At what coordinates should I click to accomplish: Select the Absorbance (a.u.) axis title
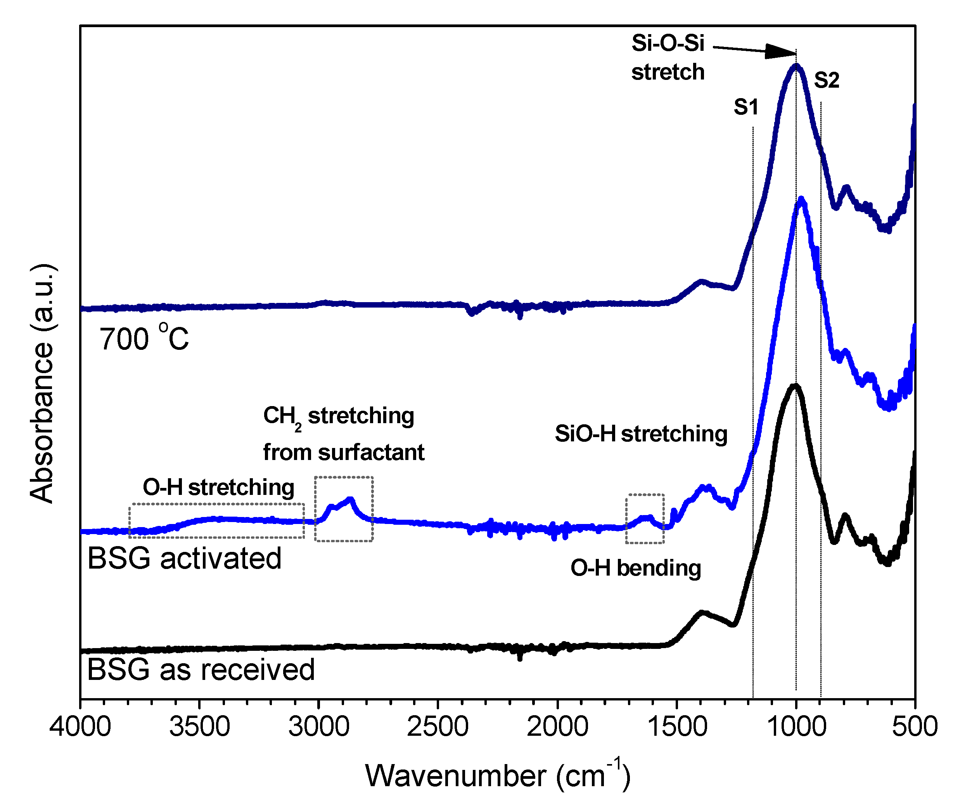pos(42,384)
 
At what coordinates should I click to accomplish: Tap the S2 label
pos(827,81)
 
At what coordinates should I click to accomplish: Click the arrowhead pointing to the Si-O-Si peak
pos(782,52)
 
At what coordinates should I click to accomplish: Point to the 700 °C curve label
pos(144,338)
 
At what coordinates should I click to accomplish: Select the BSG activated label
pos(184,558)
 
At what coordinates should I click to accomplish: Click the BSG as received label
pos(201,669)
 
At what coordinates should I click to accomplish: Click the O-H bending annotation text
pos(635,568)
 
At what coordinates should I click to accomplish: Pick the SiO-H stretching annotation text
pos(641,434)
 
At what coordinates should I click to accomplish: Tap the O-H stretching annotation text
pos(218,488)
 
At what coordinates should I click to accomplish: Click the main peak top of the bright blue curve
pos(801,199)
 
